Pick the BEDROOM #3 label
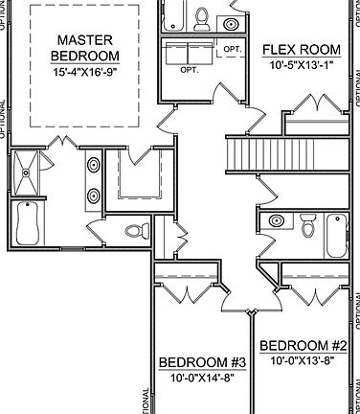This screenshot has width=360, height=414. pyautogui.click(x=203, y=362)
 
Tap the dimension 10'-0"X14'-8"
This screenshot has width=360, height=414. pyautogui.click(x=203, y=378)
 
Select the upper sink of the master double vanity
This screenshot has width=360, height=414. pyautogui.click(x=94, y=167)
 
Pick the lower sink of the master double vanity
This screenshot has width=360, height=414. pyautogui.click(x=94, y=195)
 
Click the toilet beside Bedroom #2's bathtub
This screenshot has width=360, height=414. pyautogui.click(x=307, y=226)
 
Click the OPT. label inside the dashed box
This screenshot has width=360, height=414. pyautogui.click(x=233, y=48)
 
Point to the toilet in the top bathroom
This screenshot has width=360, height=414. pyautogui.click(x=202, y=18)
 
